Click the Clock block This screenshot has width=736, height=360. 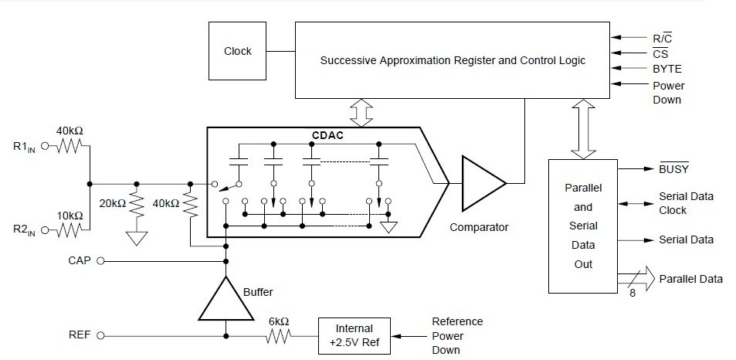(x=237, y=51)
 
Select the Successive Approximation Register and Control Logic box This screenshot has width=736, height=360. (x=453, y=60)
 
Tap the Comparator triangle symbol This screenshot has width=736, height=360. (x=480, y=183)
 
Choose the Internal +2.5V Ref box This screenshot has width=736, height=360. (x=354, y=335)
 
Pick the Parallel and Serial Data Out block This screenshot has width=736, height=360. (x=583, y=226)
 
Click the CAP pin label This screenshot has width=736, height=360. (x=80, y=261)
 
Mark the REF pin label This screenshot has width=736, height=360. (x=80, y=335)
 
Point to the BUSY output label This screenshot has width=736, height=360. (x=673, y=168)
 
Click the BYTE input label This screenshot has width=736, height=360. (x=667, y=69)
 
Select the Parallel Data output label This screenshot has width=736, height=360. (x=690, y=278)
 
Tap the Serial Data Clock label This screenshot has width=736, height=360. (x=686, y=203)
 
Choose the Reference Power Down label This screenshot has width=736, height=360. (x=457, y=335)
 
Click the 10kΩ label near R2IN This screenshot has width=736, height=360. (x=70, y=215)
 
